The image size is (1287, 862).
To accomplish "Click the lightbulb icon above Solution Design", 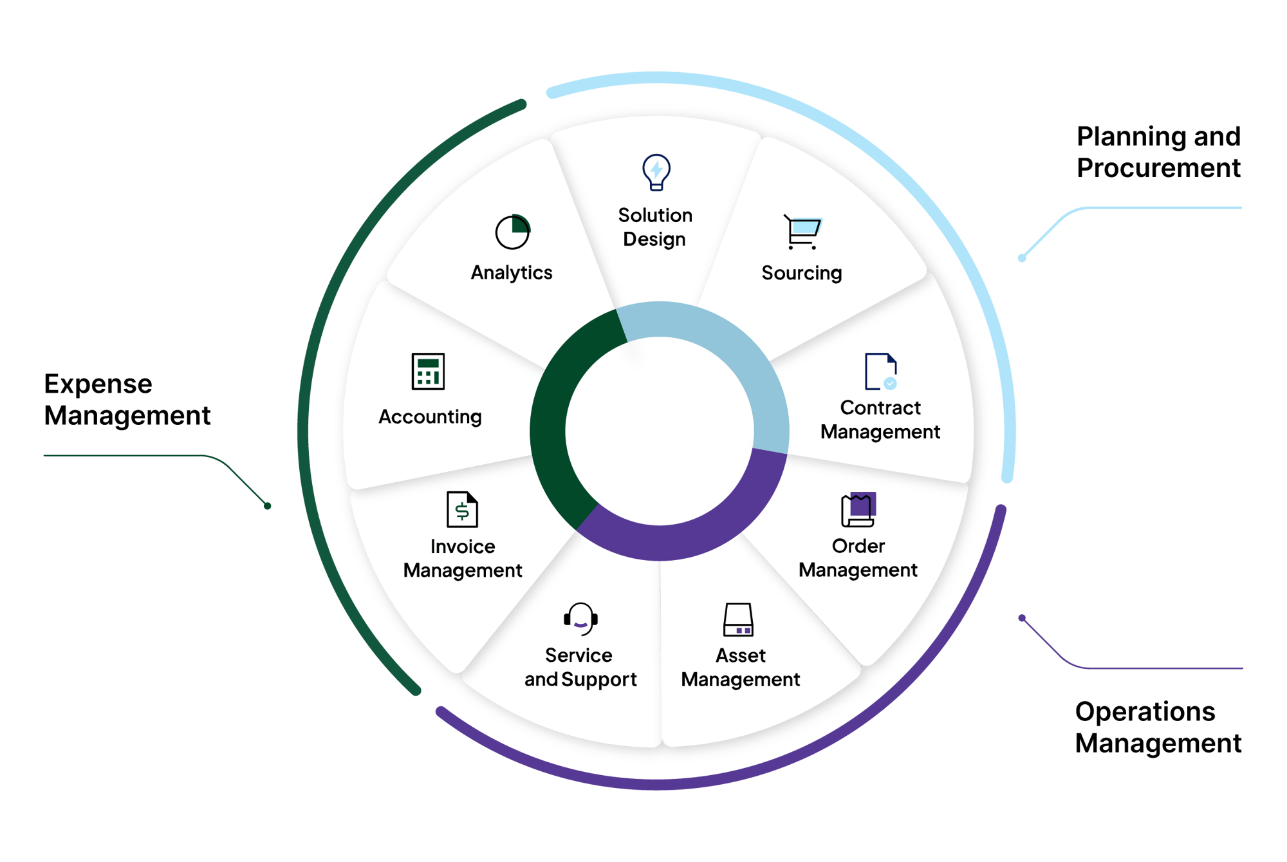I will click(x=656, y=172).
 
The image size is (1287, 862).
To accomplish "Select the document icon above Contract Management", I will click(x=880, y=371).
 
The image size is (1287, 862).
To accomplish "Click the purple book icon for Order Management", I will click(x=858, y=509).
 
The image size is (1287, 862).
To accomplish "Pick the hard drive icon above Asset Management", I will click(x=738, y=619).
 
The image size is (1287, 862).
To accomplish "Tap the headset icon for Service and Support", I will click(x=580, y=619).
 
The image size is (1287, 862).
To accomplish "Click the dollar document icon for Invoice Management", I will click(x=462, y=509).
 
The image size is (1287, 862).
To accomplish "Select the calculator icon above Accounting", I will click(x=428, y=371).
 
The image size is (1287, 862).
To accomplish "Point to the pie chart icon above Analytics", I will click(x=512, y=232).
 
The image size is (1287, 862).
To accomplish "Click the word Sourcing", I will click(x=801, y=273).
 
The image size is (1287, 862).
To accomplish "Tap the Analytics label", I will click(x=512, y=273).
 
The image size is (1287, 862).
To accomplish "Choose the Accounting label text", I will click(x=430, y=417).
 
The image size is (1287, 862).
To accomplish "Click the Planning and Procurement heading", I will click(x=1158, y=153).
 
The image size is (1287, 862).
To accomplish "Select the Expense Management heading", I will click(x=127, y=400).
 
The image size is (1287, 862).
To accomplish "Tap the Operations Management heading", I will click(x=1158, y=727).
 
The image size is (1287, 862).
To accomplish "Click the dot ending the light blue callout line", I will click(x=1022, y=258).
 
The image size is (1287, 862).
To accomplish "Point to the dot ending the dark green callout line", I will click(x=268, y=506).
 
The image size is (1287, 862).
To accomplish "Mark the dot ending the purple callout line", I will click(x=1022, y=618).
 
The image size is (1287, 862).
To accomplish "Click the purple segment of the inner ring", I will click(x=682, y=538).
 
